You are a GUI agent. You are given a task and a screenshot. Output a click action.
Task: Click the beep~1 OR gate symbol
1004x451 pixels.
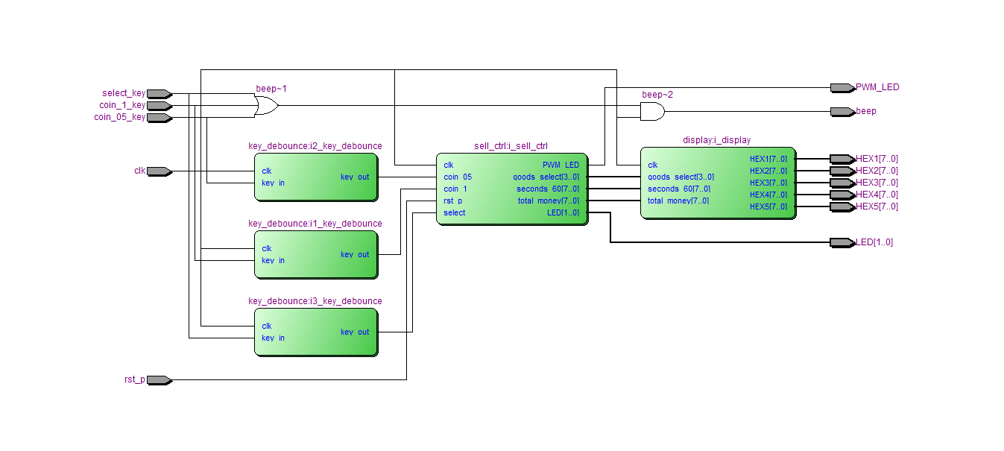(x=266, y=106)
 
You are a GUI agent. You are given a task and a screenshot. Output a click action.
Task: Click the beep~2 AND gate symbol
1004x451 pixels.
(x=653, y=112)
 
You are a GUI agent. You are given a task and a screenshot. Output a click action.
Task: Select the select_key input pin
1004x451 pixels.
(x=160, y=94)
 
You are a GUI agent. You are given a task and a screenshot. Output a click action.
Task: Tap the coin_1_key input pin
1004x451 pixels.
(x=160, y=106)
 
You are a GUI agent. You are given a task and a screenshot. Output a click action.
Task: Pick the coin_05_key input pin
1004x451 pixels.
(x=160, y=118)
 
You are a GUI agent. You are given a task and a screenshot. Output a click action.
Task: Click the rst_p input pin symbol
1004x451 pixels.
(x=160, y=380)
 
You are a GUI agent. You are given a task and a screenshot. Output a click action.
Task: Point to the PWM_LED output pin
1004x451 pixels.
(x=843, y=88)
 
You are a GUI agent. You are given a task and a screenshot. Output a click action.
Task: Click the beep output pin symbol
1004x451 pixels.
(x=843, y=112)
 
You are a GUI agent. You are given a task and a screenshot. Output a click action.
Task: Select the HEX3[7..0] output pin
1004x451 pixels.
(x=843, y=183)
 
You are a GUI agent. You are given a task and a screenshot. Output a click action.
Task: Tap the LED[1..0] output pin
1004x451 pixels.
(x=843, y=242)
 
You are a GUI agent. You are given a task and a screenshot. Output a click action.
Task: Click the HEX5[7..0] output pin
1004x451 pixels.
(x=843, y=206)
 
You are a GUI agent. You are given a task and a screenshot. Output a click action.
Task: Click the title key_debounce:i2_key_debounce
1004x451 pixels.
(x=315, y=146)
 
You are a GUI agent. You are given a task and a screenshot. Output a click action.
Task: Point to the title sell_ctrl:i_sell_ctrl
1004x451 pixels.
(x=511, y=146)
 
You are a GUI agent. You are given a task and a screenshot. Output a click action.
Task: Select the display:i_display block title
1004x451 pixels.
(x=717, y=140)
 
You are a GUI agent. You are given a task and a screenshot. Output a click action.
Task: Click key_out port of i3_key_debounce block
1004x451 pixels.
(x=355, y=332)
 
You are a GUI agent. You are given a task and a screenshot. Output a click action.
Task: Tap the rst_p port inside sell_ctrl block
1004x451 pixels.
(x=452, y=201)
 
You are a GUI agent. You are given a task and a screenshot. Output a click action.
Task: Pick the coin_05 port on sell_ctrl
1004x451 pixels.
(x=458, y=177)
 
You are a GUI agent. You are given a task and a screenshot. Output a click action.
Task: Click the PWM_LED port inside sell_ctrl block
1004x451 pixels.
(x=561, y=165)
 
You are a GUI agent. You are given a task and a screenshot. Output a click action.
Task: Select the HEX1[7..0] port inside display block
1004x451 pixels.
(x=768, y=159)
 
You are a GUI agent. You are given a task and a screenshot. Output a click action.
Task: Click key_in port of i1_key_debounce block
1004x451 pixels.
(x=273, y=260)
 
